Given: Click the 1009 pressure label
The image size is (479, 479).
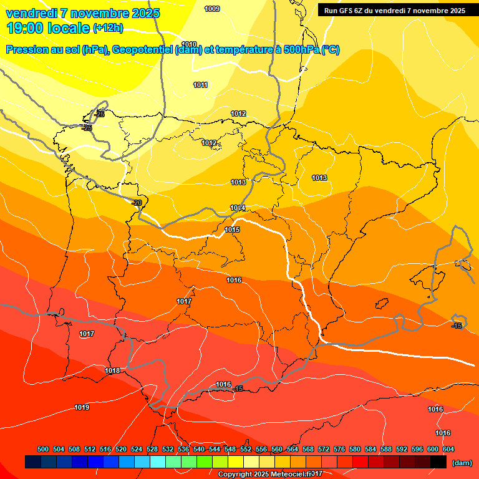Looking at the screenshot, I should point(212,9).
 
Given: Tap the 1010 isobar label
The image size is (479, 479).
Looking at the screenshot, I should point(189,44).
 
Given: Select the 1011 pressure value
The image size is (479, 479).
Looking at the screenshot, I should point(200,85).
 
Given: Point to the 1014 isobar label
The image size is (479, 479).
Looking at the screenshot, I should point(238,208).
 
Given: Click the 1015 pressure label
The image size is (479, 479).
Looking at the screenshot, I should point(232,230).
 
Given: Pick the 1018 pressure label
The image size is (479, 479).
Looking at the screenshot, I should point(112,371).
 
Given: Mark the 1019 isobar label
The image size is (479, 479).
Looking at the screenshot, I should point(82,408).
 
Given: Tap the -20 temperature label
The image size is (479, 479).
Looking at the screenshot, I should point(137,203).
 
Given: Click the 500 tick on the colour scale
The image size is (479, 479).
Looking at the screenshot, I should point(43,449).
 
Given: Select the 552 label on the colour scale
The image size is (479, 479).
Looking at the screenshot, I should point(246,449).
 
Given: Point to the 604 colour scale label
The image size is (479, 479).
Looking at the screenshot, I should point(448,449).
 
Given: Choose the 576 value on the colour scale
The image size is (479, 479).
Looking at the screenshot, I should point(339,449).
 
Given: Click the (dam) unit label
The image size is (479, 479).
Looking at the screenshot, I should point(462,463).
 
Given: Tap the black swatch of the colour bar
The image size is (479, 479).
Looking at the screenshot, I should point(438,462).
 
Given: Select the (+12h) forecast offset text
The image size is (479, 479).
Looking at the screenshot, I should point(108,27).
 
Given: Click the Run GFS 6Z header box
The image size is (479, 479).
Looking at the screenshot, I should point(395,10).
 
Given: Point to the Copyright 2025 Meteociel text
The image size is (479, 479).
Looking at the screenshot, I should point(269,475).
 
